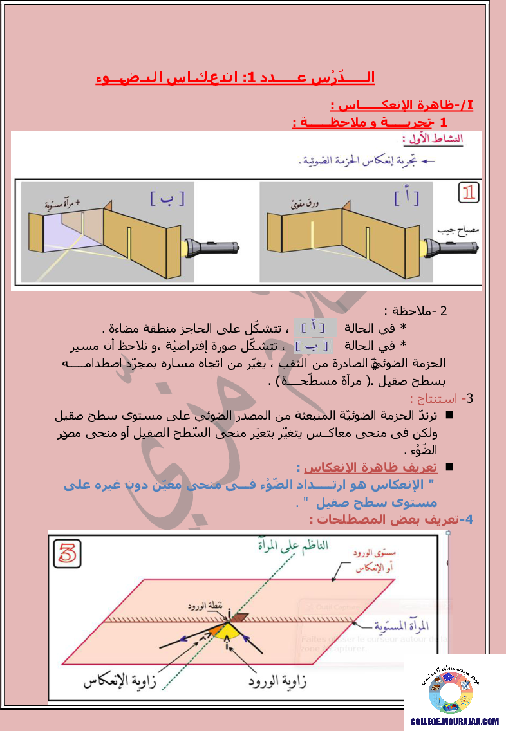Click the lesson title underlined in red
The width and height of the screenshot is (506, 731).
pos(235,78)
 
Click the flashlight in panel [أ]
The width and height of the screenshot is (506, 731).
pos(450,247)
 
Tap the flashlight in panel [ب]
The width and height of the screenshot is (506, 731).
pos(212,247)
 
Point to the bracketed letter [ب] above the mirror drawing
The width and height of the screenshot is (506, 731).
pos(167,198)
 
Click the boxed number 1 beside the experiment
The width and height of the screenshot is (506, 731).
pos(469,192)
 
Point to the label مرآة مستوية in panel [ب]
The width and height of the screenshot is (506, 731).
pos(62,204)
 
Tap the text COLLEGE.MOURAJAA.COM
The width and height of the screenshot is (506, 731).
pos(454,721)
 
